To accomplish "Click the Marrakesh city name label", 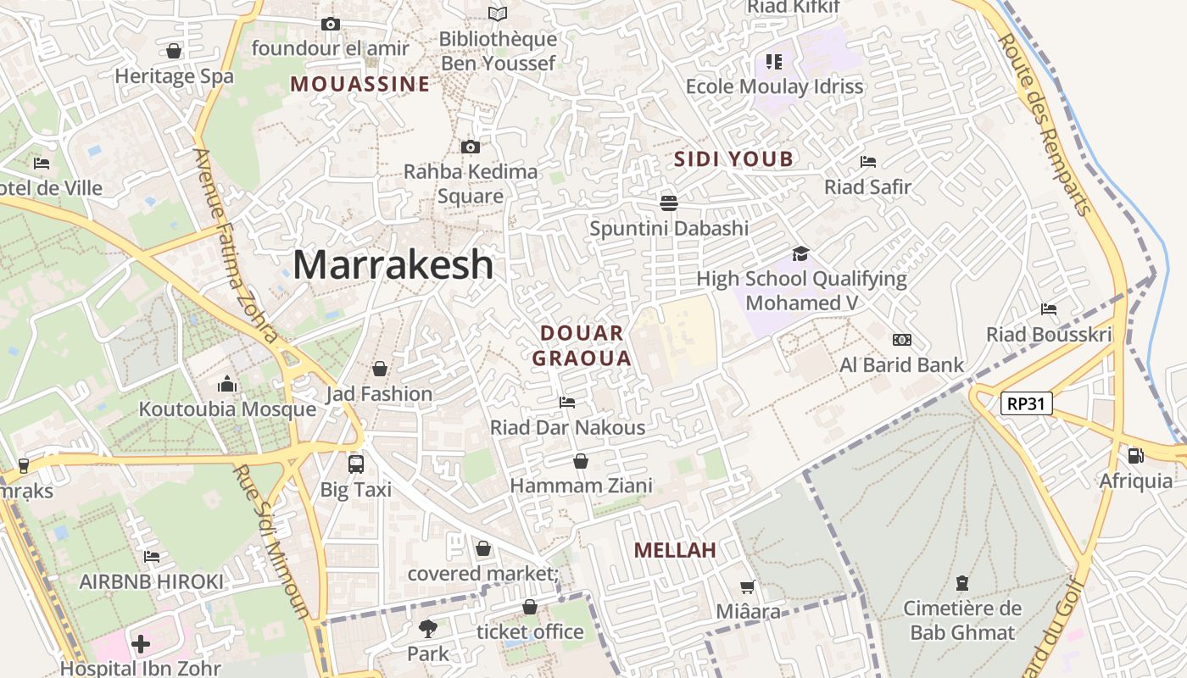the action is tap(393, 264).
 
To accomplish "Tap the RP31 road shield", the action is tap(1026, 403).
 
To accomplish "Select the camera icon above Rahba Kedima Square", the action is tap(471, 147).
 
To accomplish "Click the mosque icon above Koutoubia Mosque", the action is tap(226, 385).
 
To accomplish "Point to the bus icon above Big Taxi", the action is tap(356, 464).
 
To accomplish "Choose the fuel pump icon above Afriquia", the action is tap(1135, 456).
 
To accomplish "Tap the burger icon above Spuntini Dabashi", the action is tap(669, 203).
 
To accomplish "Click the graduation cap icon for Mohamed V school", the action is tap(800, 253).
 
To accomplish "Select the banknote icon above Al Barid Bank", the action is tap(902, 340).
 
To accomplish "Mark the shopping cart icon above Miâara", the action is tap(747, 586).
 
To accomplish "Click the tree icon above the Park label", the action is tap(428, 629).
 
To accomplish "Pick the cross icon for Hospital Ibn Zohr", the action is tap(141, 644).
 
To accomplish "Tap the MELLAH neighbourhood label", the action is tap(675, 550).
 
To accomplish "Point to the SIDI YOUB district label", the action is tap(733, 158).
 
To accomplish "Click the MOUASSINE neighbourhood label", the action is tap(359, 84).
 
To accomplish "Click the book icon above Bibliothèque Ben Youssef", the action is tap(498, 14).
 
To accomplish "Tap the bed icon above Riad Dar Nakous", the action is tap(567, 402).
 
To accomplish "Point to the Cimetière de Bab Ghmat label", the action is tap(962, 620).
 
